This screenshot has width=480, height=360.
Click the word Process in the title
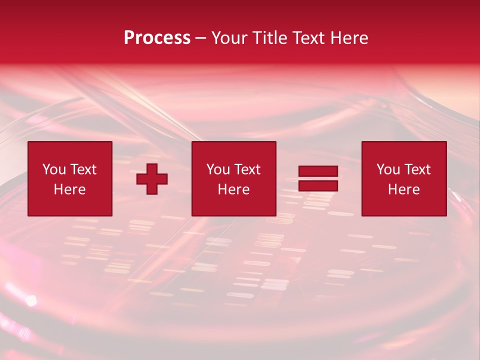point(157,38)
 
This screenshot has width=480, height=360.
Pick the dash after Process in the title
point(201,38)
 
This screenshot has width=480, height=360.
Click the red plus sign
point(152,179)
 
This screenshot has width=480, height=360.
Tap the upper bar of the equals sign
point(318,171)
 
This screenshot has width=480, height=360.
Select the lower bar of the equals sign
point(318,186)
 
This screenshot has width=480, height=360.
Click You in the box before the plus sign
point(54,169)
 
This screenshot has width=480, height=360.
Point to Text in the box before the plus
point(83,169)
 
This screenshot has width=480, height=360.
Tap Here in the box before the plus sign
point(69,189)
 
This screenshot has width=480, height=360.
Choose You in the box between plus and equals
point(218,169)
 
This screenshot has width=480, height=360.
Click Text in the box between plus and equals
point(247,169)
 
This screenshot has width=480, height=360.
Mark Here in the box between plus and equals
point(233,189)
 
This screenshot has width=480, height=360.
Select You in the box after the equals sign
point(388,169)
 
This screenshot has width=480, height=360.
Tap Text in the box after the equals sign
point(417,169)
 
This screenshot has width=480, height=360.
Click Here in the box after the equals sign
point(403,189)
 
